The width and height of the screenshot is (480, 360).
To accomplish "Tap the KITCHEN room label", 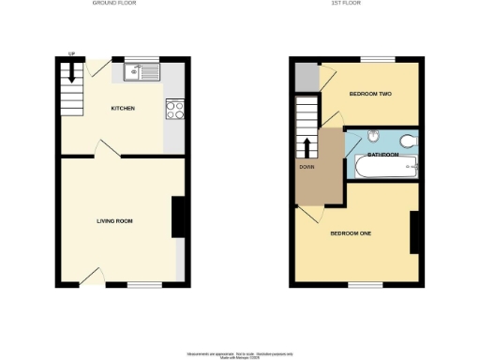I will (x=123, y=109).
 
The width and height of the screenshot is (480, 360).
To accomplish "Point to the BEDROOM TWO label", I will (x=369, y=95).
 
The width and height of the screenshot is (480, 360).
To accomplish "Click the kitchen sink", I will (x=144, y=70).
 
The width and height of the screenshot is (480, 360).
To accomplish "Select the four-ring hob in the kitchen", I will (x=173, y=111).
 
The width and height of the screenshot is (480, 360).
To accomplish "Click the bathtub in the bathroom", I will (x=382, y=170).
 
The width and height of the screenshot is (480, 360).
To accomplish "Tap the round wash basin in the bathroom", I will (x=372, y=134).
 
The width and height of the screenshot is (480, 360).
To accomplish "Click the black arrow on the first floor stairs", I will (x=307, y=149).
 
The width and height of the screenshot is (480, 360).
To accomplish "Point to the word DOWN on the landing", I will (x=306, y=168).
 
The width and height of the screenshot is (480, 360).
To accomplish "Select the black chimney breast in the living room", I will (x=176, y=217).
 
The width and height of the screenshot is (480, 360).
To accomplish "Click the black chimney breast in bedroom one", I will (x=413, y=232).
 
